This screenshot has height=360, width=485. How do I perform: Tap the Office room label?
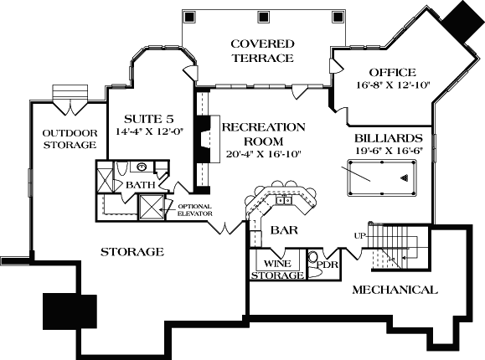coord(385,73)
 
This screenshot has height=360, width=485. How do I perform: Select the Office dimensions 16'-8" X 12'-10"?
coord(385,85)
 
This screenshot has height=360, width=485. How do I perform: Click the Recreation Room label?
coord(263,133)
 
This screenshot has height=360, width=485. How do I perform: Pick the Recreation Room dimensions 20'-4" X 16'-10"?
coord(263,154)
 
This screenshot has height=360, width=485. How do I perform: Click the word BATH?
coord(139,184)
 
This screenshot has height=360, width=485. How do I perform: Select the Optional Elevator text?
coord(194,209)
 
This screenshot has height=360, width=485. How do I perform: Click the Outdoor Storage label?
coord(70,139)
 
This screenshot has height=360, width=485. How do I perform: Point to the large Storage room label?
coord(132,251)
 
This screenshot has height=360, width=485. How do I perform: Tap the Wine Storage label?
coord(277,269)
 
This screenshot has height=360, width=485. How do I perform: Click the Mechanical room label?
coord(394,290)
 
